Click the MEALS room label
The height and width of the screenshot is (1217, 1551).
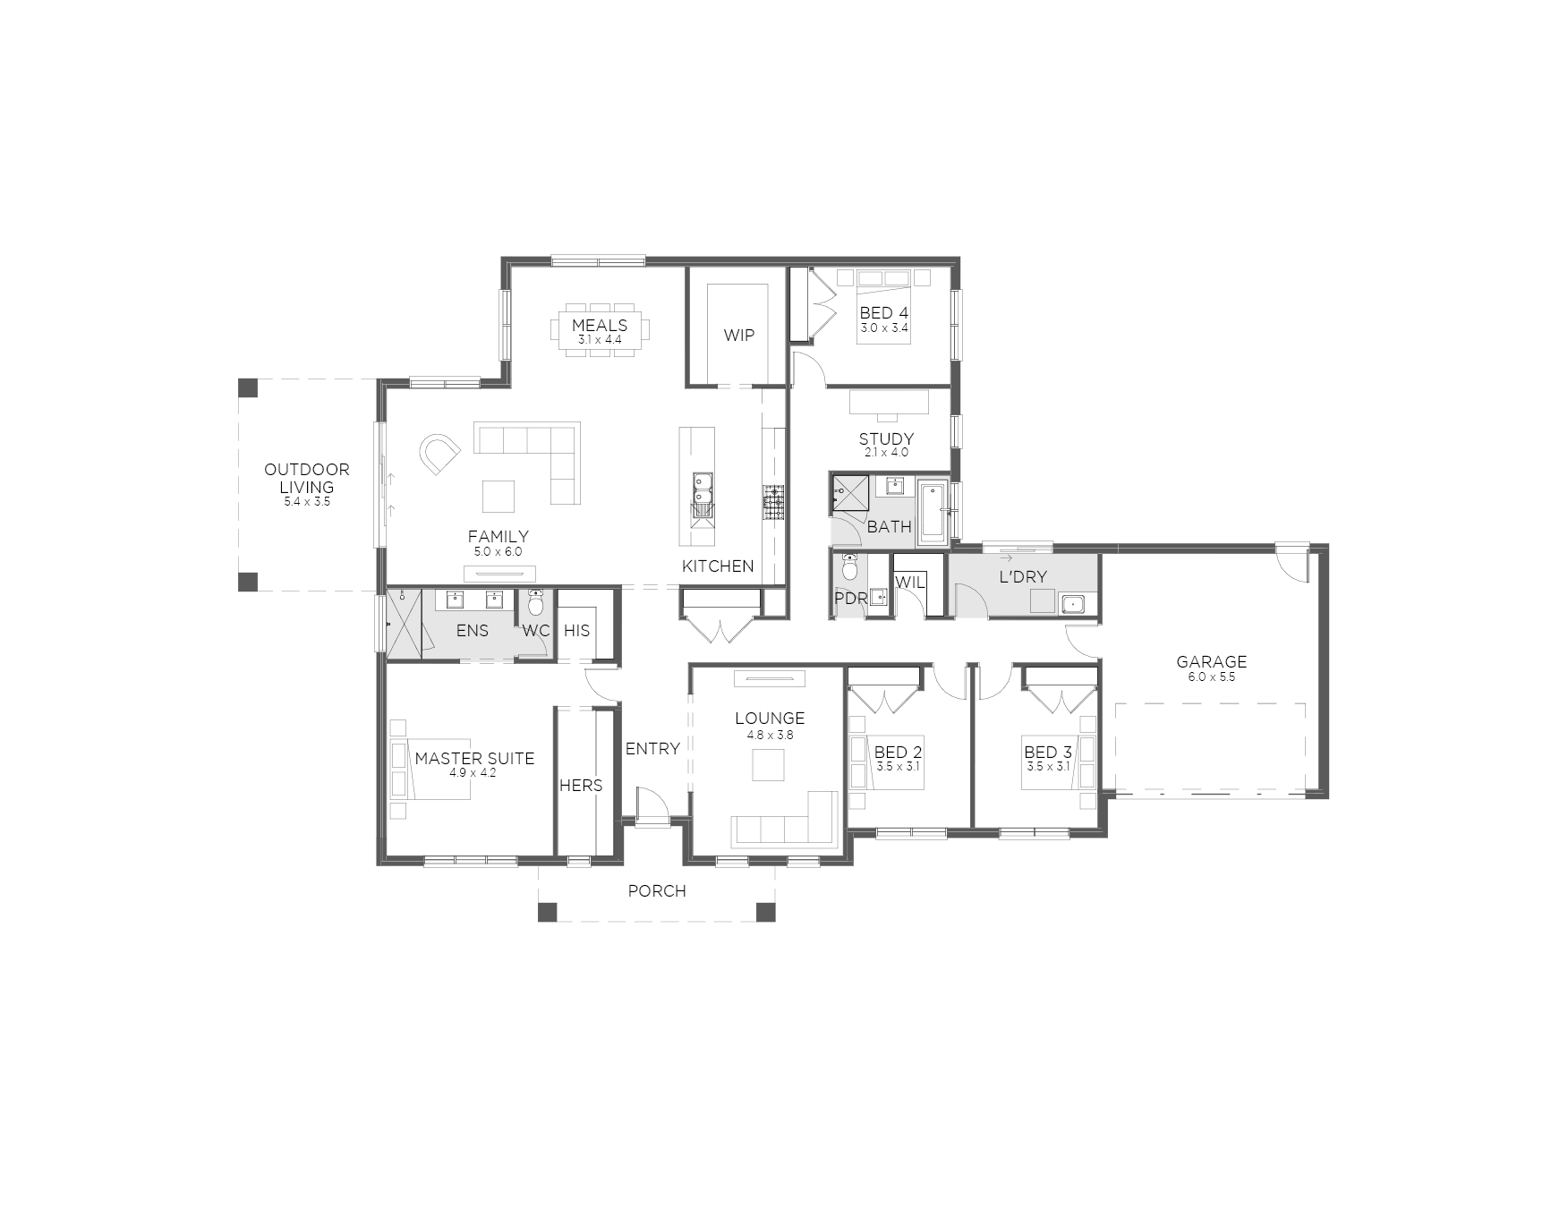point(600,326)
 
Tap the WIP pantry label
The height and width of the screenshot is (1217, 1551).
point(739,336)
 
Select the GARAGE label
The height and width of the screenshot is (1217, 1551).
point(1212,662)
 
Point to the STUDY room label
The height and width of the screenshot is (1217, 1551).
point(886,438)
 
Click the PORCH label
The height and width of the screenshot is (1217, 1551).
point(657,891)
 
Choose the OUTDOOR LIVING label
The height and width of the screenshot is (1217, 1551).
point(307,479)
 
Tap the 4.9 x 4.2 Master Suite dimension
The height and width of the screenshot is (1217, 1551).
point(474,773)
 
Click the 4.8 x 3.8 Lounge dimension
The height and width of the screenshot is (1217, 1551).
point(771,735)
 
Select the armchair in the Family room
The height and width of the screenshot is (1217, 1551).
point(440,455)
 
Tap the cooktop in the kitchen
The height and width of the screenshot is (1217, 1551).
point(773,502)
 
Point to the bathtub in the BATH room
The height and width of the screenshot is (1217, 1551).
point(933,512)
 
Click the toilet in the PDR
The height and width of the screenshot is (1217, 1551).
point(849,567)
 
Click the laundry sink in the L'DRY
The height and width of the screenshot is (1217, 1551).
point(1072,604)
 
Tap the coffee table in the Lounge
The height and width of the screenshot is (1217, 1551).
point(768,765)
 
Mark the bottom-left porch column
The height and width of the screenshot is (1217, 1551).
point(547,912)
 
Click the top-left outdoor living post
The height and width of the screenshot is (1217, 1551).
point(248,388)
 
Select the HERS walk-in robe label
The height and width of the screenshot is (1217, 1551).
point(581,786)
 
